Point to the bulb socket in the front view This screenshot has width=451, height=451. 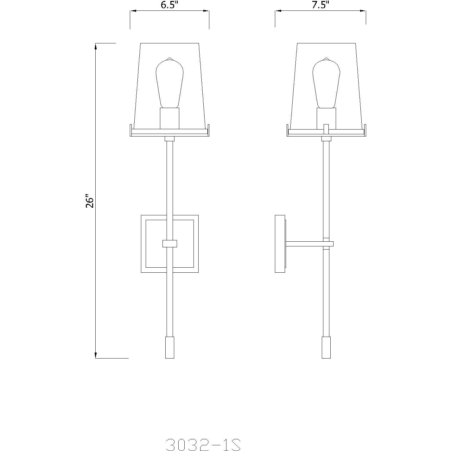pos(170,118)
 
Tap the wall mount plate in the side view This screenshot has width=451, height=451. pos(280,244)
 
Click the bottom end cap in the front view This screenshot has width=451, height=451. pos(170,347)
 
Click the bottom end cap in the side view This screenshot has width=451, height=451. pos(326,347)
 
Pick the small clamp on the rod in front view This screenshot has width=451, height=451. pos(170,244)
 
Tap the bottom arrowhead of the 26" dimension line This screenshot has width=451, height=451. pos(96,355)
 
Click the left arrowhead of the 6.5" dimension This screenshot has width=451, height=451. pos(133,11)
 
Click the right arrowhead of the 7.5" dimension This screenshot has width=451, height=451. pos(364,11)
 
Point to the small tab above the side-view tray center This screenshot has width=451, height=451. pos(326,127)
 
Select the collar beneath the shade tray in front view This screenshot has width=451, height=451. pos(170,139)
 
